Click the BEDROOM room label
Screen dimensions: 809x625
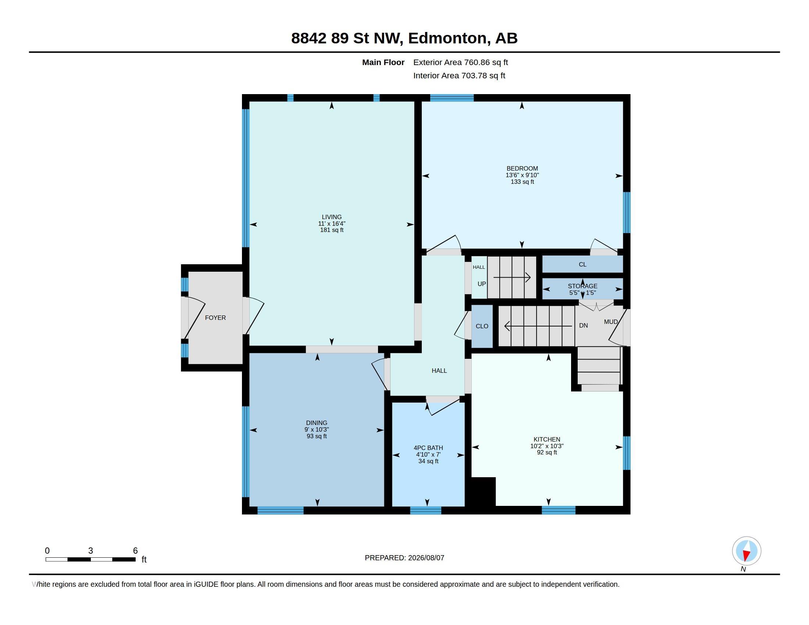click(x=522, y=168)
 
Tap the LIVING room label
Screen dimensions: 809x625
click(x=332, y=217)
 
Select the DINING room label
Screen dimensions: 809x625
click(x=317, y=423)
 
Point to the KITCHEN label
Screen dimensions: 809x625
click(x=547, y=439)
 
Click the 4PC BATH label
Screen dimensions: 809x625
click(x=428, y=448)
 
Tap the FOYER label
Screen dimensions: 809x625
click(x=215, y=318)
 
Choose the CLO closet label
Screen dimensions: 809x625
click(x=482, y=326)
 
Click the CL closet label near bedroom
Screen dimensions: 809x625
click(x=583, y=264)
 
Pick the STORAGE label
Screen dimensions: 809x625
click(x=583, y=286)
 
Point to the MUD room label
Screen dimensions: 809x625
click(x=611, y=322)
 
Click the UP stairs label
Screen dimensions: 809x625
click(x=482, y=284)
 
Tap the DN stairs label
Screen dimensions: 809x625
click(x=584, y=325)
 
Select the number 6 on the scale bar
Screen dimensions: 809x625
click(x=135, y=551)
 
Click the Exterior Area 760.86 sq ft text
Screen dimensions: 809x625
click(x=460, y=63)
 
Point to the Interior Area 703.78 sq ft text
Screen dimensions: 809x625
click(x=459, y=75)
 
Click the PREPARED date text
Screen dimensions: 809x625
click(x=404, y=558)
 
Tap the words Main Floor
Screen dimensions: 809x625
click(x=383, y=63)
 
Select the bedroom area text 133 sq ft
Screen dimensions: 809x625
click(x=522, y=182)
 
